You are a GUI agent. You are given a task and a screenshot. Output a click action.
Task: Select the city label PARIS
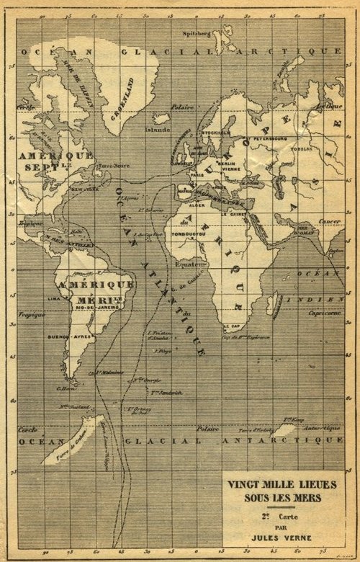(x=194, y=173)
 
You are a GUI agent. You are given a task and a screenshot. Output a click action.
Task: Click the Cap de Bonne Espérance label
(x=246, y=337)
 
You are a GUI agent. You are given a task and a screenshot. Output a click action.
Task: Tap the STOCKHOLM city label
(x=216, y=133)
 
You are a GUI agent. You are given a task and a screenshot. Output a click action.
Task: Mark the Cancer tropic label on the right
(x=330, y=222)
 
